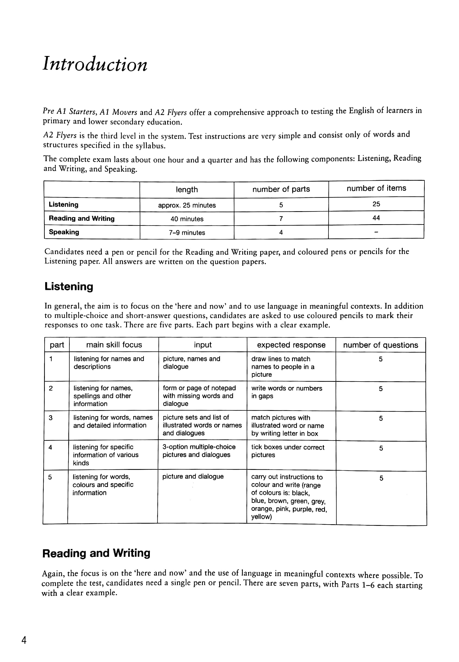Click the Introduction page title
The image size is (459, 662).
[x=95, y=64]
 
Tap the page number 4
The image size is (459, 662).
[x=24, y=640]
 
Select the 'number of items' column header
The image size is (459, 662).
[x=376, y=188]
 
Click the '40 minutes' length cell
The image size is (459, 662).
[x=187, y=219]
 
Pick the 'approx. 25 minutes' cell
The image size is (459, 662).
[x=187, y=205]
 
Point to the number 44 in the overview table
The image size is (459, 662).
[x=376, y=218]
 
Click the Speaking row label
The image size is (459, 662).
[x=64, y=232]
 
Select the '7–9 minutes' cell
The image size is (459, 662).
[x=187, y=233]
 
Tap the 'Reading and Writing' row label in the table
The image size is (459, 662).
[x=82, y=218]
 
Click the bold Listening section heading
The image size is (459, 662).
[x=69, y=287]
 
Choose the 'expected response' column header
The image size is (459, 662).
[x=291, y=345]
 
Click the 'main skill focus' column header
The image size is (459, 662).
[x=114, y=345]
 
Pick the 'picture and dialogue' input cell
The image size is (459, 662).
[x=193, y=476]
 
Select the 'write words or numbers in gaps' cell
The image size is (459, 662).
[x=286, y=392]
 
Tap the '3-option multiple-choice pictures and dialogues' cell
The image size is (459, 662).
[x=199, y=451]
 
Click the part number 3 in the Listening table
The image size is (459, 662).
[x=51, y=418]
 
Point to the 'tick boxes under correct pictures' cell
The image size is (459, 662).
[x=288, y=451]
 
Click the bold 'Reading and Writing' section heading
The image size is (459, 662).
[x=96, y=553]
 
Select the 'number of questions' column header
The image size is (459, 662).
[x=380, y=345]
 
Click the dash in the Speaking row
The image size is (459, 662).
[x=376, y=232]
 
